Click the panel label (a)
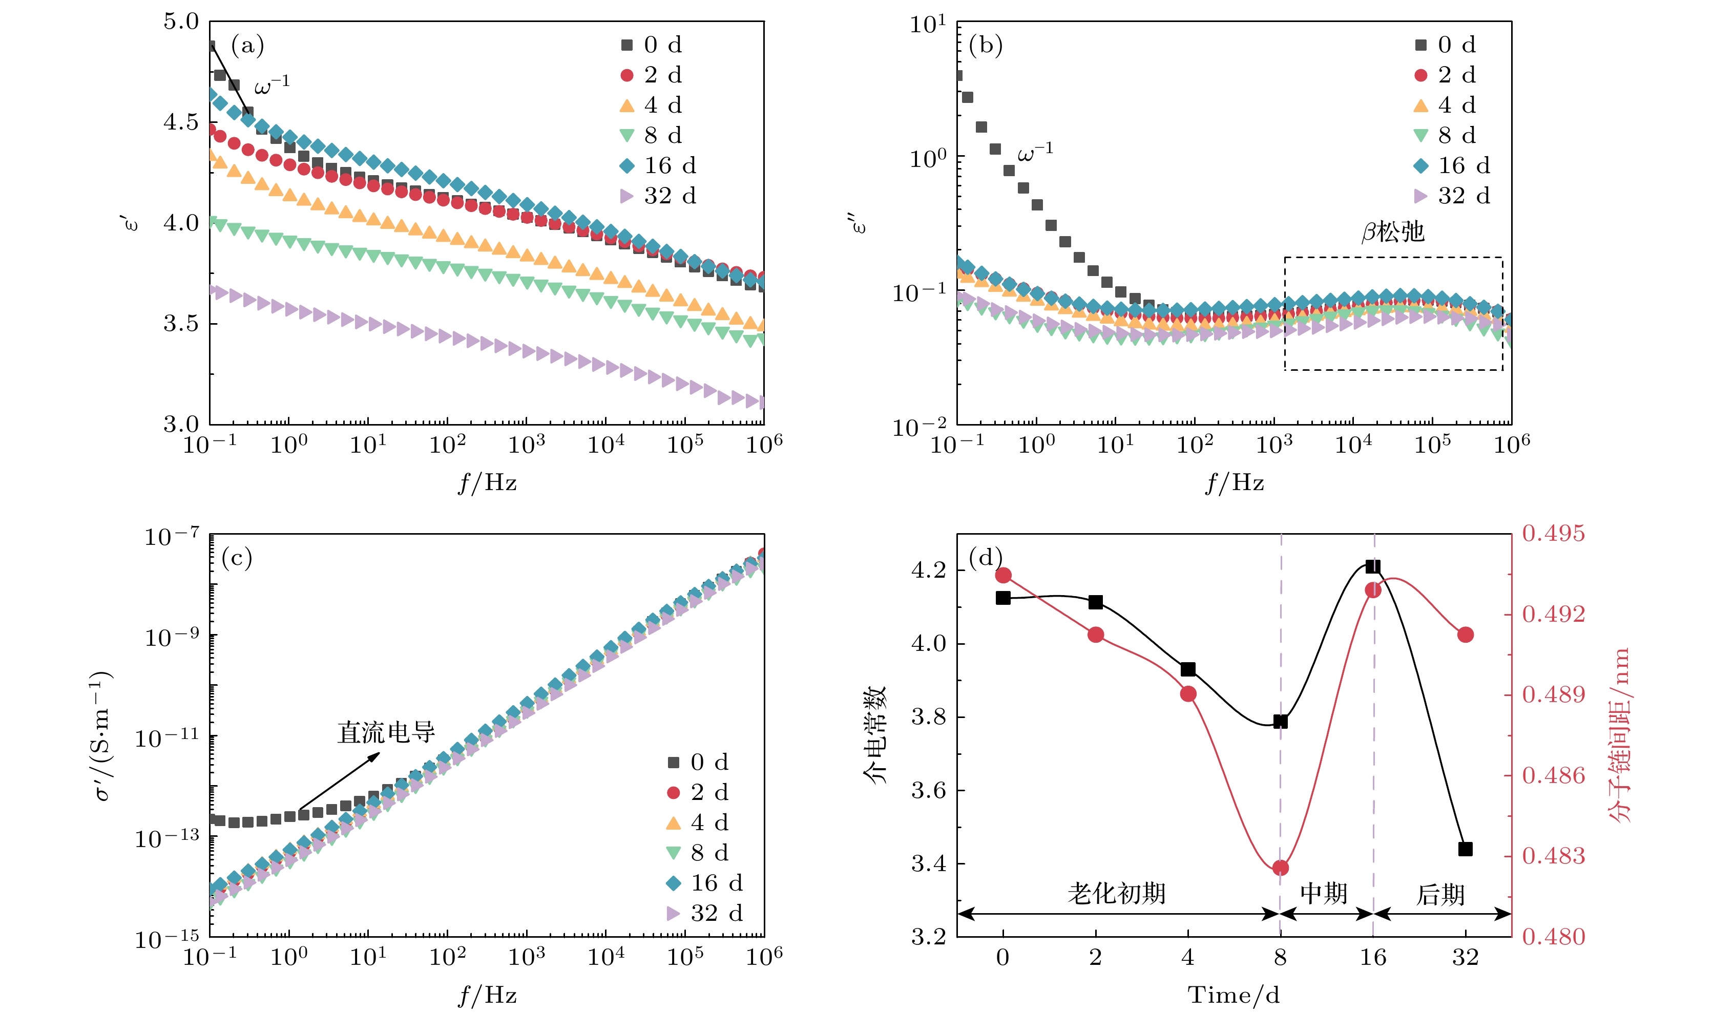247,46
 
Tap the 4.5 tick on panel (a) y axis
181,122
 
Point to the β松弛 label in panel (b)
1392,232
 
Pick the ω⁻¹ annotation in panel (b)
1035,152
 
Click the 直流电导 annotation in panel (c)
386,732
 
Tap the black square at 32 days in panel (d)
1465,849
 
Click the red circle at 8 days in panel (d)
1280,868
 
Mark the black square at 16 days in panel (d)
1373,566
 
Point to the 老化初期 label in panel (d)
1117,893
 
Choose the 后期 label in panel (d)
1440,894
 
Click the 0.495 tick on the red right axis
1554,533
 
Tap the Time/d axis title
1234,995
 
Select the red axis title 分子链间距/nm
1619,734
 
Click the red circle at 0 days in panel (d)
1002,576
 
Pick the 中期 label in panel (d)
1324,893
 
